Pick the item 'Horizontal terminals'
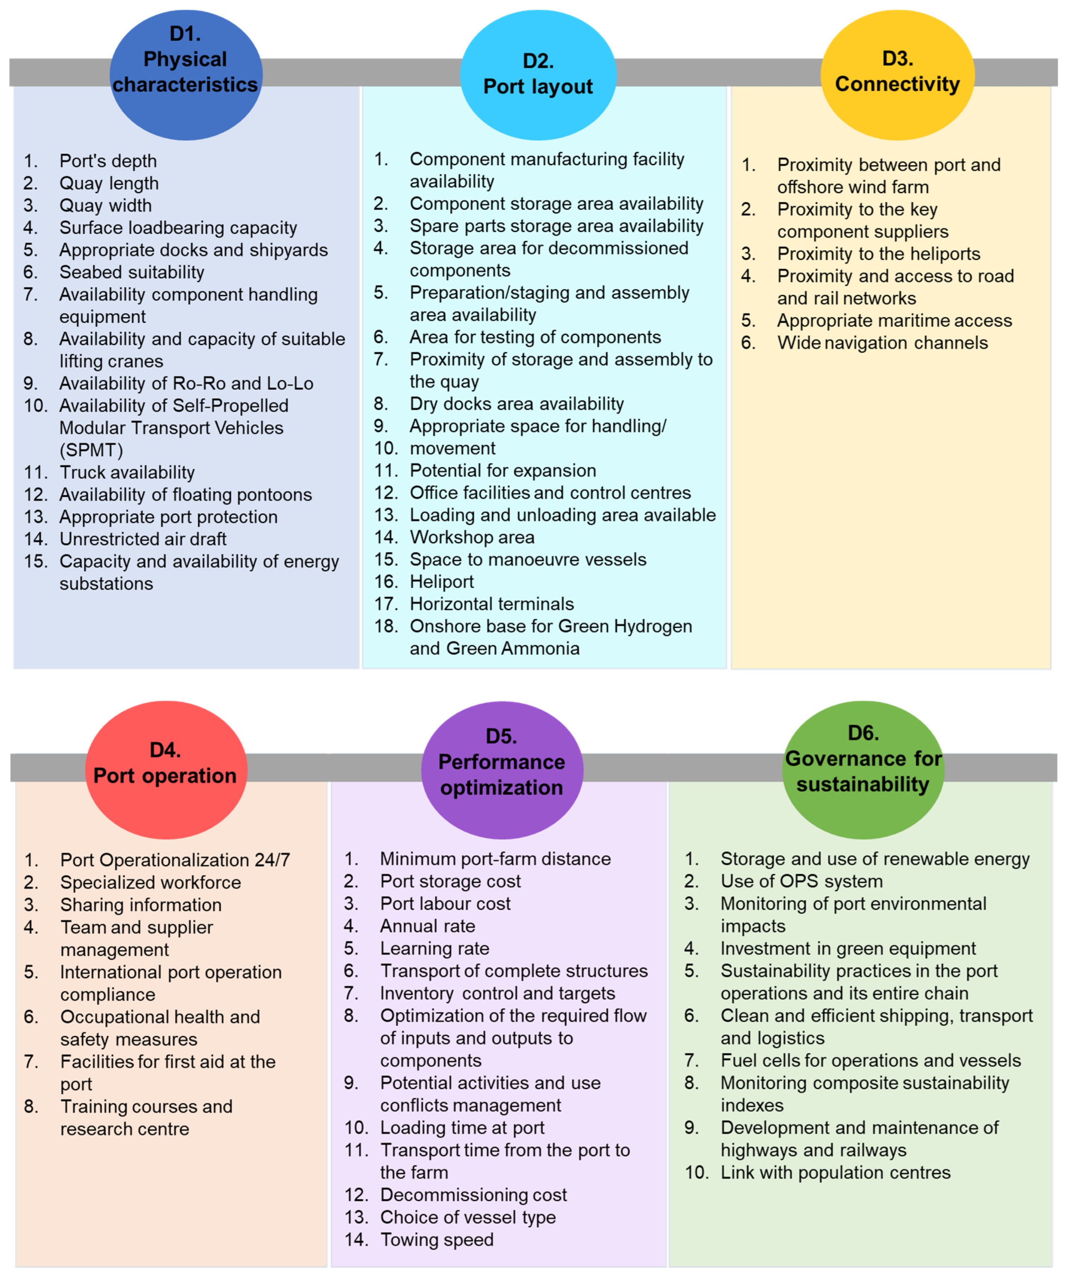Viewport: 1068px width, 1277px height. (x=491, y=604)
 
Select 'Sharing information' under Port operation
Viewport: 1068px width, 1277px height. (x=140, y=905)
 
